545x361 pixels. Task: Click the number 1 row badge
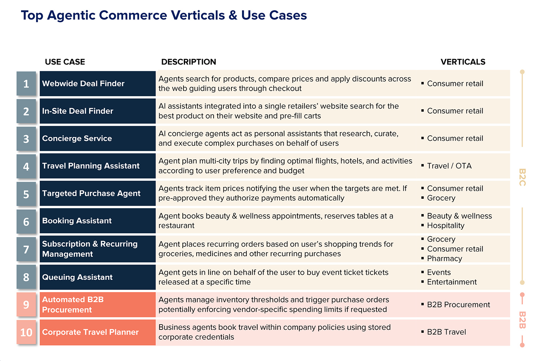(26, 84)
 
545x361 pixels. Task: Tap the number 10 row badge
(26, 332)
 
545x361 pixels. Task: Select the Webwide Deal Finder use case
(83, 83)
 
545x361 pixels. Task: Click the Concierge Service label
(77, 138)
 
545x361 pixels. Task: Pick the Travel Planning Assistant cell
(91, 166)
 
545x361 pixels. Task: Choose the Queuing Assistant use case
(77, 277)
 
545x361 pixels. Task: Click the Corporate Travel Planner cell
(90, 332)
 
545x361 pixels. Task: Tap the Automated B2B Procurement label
(73, 305)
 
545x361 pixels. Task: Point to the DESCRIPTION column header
(189, 62)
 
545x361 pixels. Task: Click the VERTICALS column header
(463, 62)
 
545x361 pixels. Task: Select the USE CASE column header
(65, 62)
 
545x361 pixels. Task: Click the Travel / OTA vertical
(449, 166)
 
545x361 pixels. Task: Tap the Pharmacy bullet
(444, 259)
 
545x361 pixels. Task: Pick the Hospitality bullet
(445, 226)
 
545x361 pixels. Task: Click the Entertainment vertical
(452, 282)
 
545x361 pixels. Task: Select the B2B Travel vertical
(446, 332)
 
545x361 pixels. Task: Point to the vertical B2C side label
(522, 177)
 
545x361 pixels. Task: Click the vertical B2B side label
(522, 320)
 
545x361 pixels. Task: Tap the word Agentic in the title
(71, 16)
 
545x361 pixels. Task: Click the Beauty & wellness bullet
(459, 216)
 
